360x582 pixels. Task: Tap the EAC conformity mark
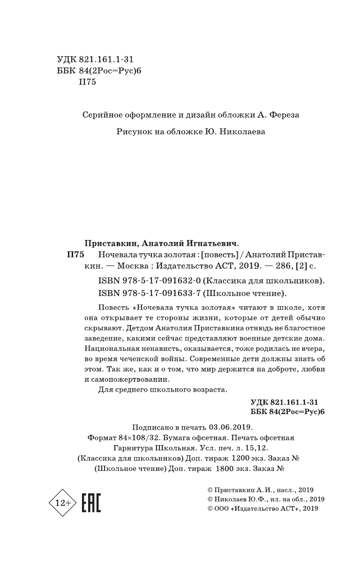coord(91,503)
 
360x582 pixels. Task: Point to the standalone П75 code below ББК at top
coord(88,83)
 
